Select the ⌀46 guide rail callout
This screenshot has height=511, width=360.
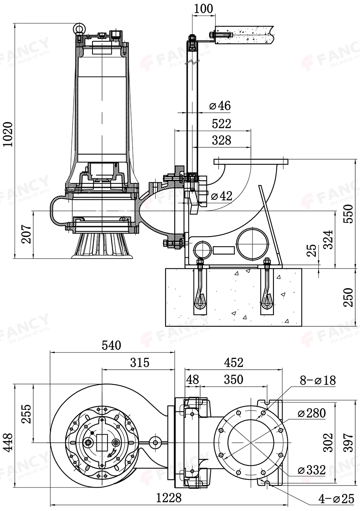coord(219,106)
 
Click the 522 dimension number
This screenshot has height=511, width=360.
coord(221,123)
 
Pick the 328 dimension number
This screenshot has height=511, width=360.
coord(221,140)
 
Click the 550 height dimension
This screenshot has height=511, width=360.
coord(348,214)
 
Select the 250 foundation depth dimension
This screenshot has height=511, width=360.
coord(348,297)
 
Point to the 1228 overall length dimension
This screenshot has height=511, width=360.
coord(169,498)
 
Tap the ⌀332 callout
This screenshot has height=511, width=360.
coord(312,470)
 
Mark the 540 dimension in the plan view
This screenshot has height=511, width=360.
coord(112,345)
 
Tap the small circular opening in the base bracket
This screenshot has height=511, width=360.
coord(202,250)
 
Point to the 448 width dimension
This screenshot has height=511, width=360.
coord(8,442)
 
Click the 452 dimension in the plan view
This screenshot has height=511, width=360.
coord(233,362)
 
